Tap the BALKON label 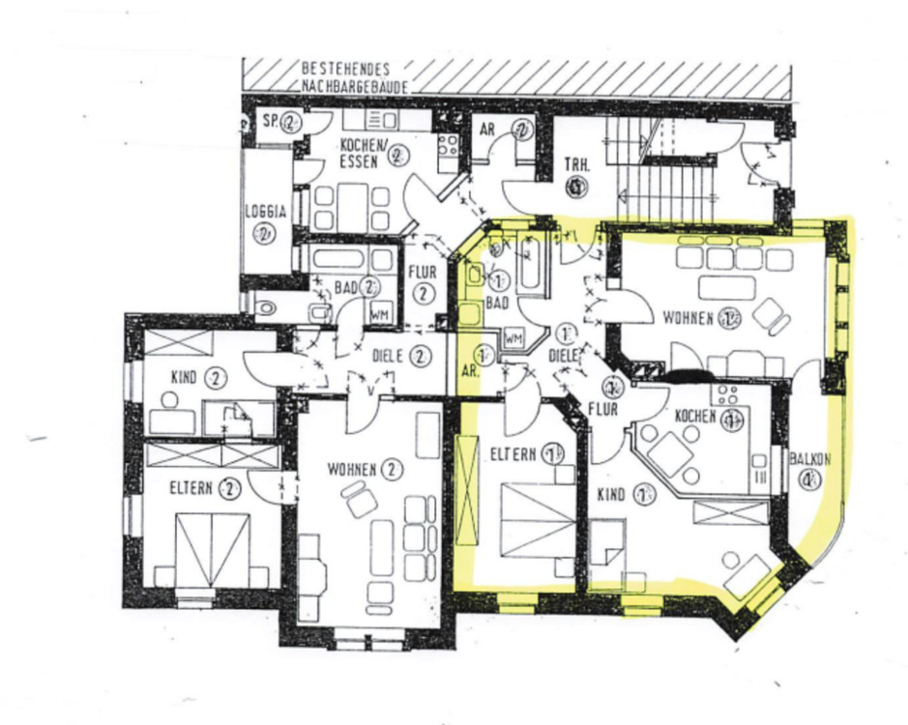pyautogui.click(x=808, y=459)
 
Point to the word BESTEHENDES pyautogui.click(x=346, y=70)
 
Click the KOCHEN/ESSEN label pyautogui.click(x=361, y=150)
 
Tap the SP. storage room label pyautogui.click(x=270, y=121)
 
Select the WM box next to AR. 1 pyautogui.click(x=513, y=339)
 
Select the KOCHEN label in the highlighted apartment pyautogui.click(x=695, y=416)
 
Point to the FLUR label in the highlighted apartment pyautogui.click(x=603, y=409)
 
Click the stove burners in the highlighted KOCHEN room pyautogui.click(x=726, y=395)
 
